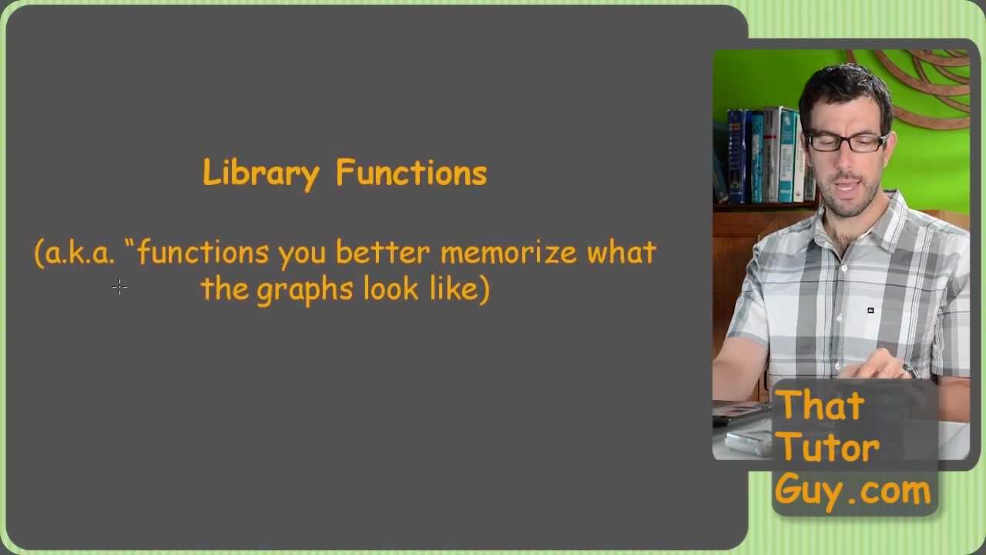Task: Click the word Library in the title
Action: click(260, 173)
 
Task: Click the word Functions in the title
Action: click(411, 173)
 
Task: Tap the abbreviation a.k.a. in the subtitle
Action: click(79, 254)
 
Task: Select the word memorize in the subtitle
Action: click(508, 254)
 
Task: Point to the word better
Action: click(382, 254)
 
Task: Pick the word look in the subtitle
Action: click(391, 289)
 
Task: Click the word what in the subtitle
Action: click(622, 254)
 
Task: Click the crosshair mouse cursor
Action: click(119, 288)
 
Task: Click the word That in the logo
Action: click(820, 406)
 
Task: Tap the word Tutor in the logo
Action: click(828, 448)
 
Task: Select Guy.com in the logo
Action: click(853, 491)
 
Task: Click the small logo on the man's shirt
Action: click(870, 311)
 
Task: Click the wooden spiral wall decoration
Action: click(924, 85)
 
